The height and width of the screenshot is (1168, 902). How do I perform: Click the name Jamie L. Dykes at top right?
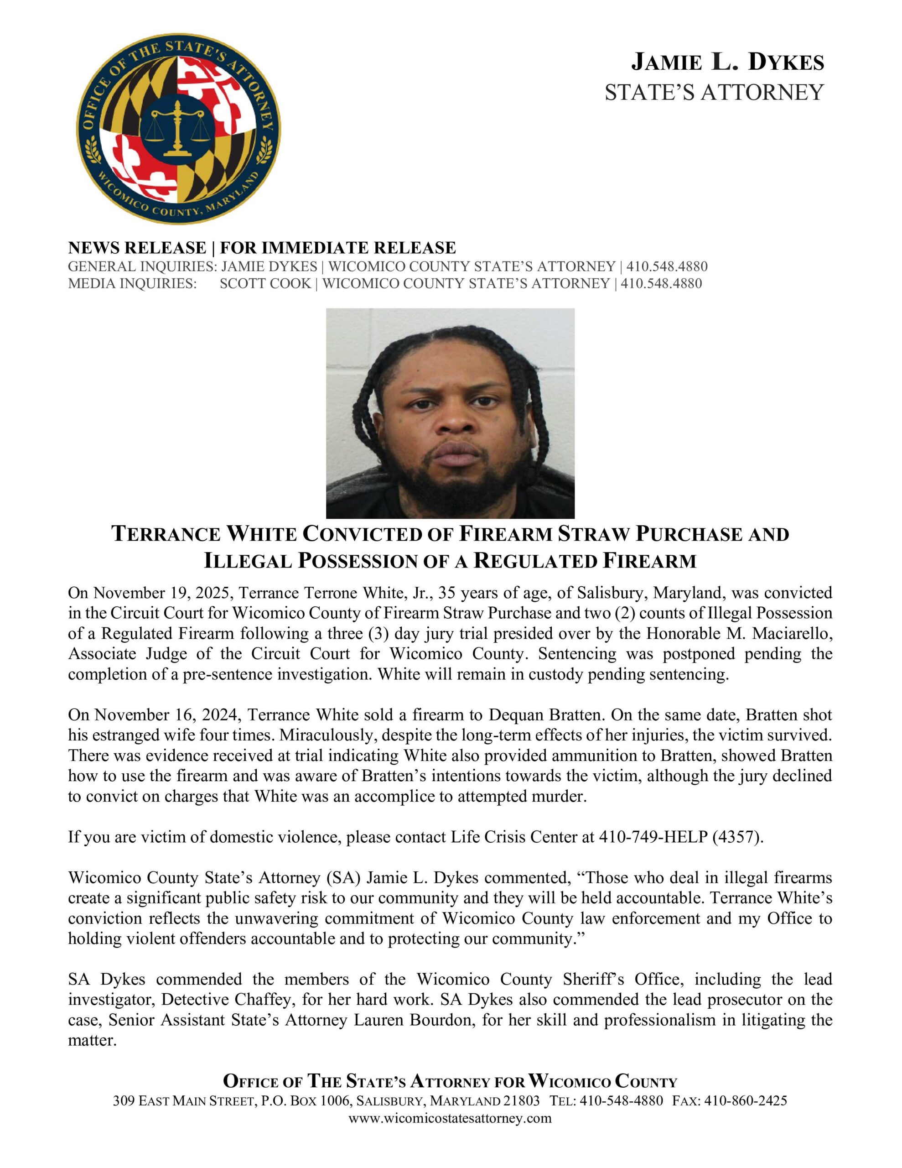(x=727, y=63)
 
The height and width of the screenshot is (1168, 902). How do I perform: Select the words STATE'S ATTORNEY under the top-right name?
(x=714, y=93)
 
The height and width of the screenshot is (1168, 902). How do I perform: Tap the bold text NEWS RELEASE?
(x=137, y=248)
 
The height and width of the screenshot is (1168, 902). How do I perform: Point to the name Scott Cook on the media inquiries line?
(x=265, y=283)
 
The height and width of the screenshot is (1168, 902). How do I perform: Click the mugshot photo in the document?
(x=450, y=413)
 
